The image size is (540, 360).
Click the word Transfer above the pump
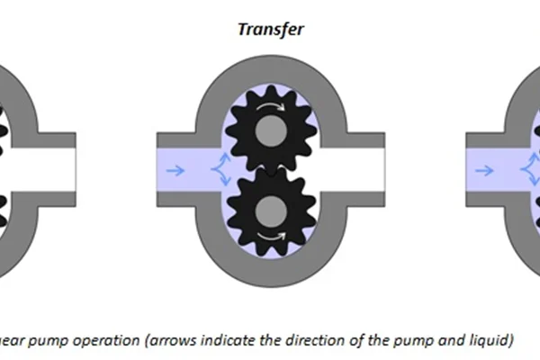tap(270, 28)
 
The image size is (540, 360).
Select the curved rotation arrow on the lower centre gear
tap(270, 235)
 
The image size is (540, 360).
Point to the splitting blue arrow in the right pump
tap(526, 168)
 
